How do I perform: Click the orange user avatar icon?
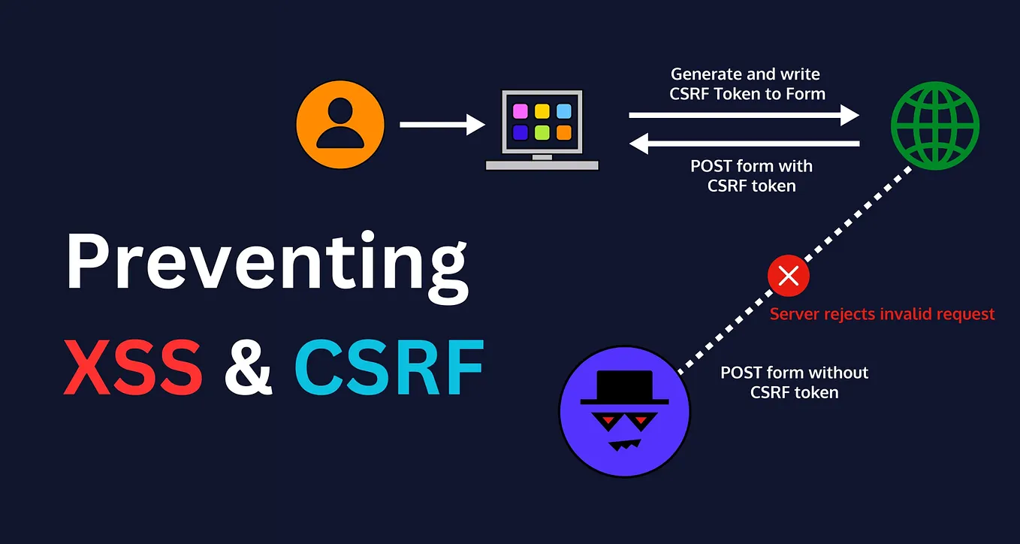340,124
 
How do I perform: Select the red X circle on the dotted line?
788,276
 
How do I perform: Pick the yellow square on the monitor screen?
542,112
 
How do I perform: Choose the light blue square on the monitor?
564,112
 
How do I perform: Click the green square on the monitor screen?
542,133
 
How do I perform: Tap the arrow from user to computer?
442,124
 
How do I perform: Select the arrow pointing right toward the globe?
744,115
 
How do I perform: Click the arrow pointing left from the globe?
744,143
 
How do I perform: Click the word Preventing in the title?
267,263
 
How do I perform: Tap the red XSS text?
133,368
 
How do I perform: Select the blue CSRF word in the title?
388,368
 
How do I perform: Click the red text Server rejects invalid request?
882,314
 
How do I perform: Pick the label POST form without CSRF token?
794,382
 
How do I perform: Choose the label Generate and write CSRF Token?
747,84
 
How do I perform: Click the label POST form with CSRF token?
751,176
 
